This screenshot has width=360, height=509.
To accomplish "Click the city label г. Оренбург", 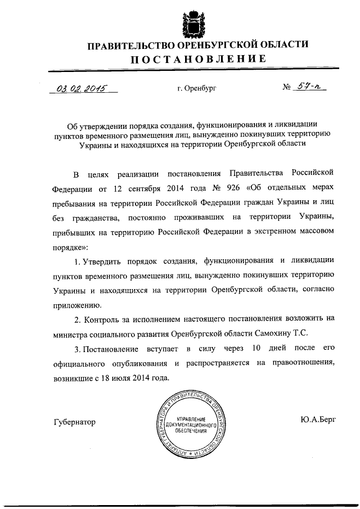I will point(196,89).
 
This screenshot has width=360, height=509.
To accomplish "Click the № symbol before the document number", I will point(287,88).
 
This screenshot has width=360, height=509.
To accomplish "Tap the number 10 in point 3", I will point(256,348).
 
